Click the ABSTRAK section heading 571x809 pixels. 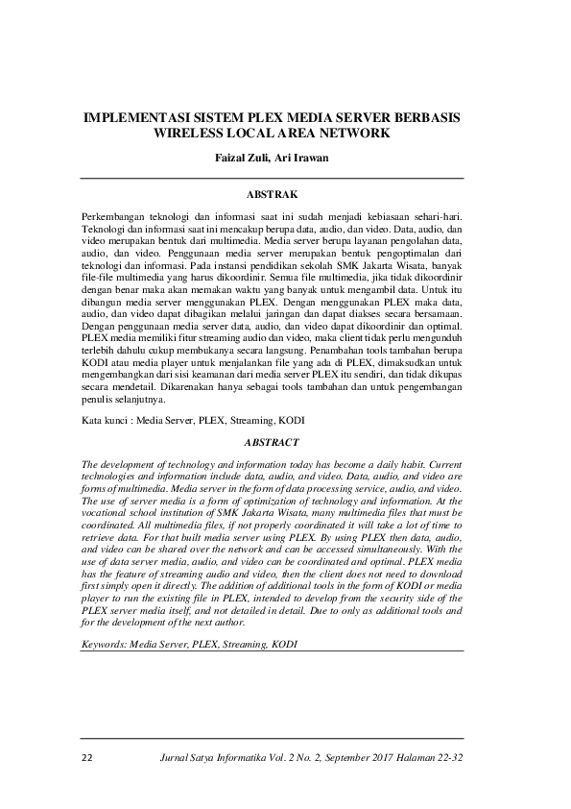(285, 195)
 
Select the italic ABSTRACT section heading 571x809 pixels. (285, 442)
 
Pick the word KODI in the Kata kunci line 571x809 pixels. (291, 421)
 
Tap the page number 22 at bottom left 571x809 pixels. (86, 757)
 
